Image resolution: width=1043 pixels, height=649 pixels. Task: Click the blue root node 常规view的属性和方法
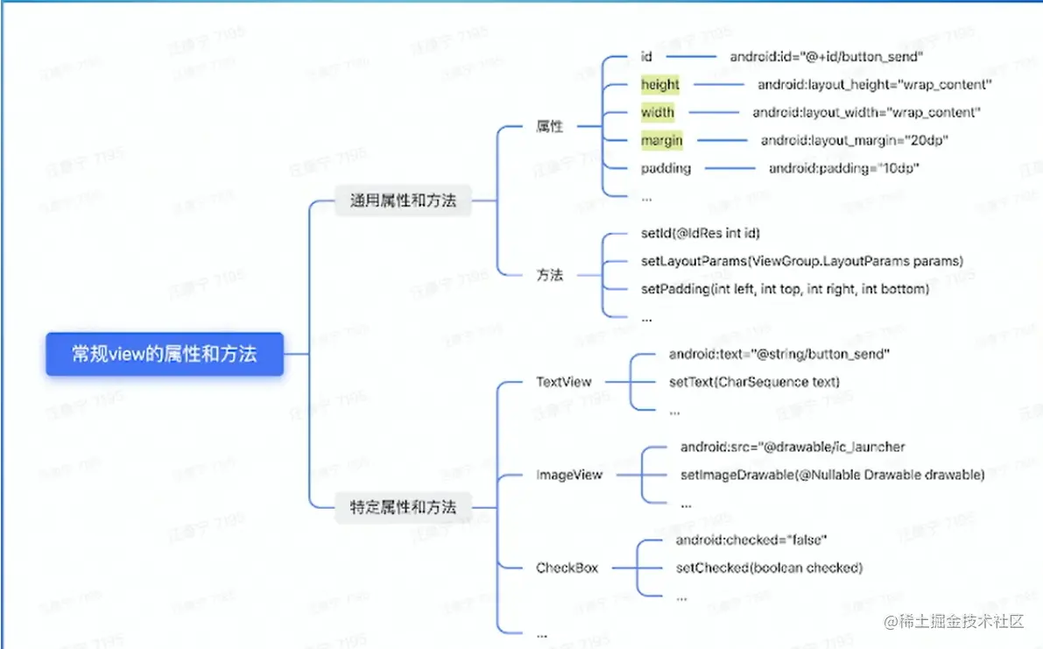pyautogui.click(x=165, y=354)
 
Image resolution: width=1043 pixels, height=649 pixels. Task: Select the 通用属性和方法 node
pyautogui.click(x=403, y=201)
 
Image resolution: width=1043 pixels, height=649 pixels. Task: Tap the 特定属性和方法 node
pyautogui.click(x=403, y=507)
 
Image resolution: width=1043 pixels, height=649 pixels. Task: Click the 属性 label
pyautogui.click(x=549, y=126)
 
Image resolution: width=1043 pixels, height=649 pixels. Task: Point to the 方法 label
pyautogui.click(x=549, y=275)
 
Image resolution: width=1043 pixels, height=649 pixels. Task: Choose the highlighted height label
pyautogui.click(x=660, y=84)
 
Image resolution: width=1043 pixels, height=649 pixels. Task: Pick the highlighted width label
pyautogui.click(x=658, y=112)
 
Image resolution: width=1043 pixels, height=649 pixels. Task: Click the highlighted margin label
pyautogui.click(x=661, y=140)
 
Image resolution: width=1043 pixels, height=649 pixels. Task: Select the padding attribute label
pyautogui.click(x=666, y=168)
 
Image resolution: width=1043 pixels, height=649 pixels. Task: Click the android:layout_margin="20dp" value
pyautogui.click(x=855, y=140)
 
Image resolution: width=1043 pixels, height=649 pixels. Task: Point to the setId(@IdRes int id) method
pyautogui.click(x=701, y=233)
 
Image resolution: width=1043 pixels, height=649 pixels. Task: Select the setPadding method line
pyautogui.click(x=785, y=288)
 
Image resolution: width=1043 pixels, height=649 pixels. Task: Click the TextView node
pyautogui.click(x=563, y=382)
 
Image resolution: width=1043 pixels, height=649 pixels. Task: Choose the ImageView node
pyautogui.click(x=569, y=475)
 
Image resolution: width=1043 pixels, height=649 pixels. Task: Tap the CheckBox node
pyautogui.click(x=567, y=568)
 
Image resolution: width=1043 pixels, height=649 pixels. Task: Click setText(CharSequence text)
pyautogui.click(x=754, y=382)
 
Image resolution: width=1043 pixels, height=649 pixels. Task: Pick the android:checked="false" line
pyautogui.click(x=751, y=540)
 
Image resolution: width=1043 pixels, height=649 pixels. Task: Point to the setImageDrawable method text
pyautogui.click(x=832, y=475)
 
